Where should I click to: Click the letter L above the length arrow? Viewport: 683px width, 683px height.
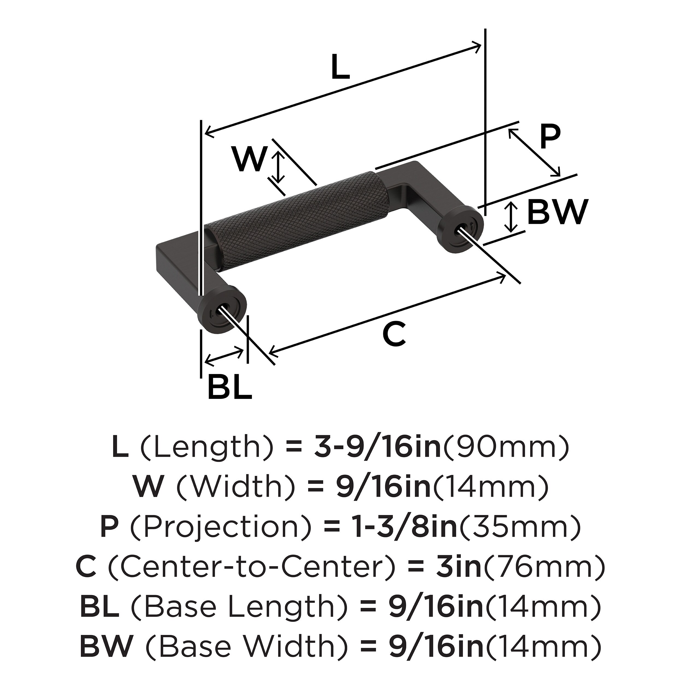[340, 66]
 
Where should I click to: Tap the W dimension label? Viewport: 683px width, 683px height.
[249, 160]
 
